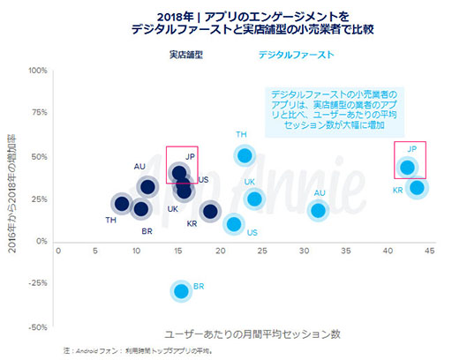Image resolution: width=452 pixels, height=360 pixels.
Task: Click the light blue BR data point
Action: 182,290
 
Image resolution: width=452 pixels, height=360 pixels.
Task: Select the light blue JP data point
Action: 407,167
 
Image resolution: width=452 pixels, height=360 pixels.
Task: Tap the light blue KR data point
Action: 418,188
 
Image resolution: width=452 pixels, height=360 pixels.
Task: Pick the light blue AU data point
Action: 318,210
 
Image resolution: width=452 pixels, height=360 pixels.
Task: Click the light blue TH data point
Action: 245,155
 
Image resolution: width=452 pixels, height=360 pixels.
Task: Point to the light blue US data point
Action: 234,223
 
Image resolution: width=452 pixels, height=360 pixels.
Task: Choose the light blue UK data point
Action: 254,199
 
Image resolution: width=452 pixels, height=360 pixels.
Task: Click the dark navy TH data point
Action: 122,204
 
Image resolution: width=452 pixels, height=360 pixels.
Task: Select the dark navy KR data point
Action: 210,211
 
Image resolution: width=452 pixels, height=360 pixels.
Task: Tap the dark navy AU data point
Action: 148,186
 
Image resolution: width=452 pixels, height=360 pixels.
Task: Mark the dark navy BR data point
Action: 140,209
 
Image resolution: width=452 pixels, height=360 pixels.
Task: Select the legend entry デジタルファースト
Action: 295,55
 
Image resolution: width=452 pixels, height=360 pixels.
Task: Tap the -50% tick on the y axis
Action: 37,326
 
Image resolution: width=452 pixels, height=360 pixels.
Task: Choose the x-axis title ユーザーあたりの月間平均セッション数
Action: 252,335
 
